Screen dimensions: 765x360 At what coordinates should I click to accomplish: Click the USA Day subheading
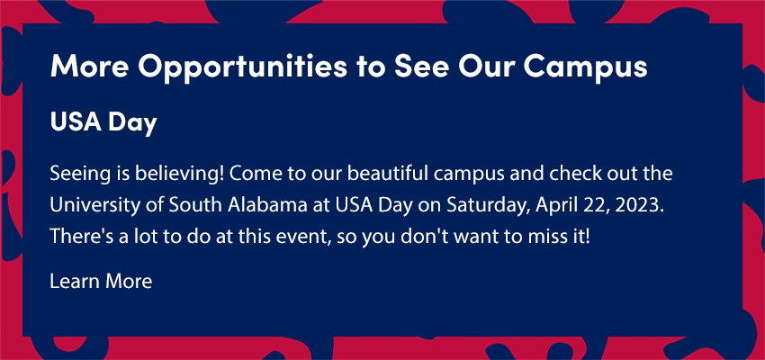pyautogui.click(x=103, y=124)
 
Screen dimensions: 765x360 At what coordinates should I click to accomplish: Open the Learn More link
pyautogui.click(x=101, y=282)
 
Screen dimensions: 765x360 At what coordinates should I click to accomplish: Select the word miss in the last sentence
pyautogui.click(x=552, y=237)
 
